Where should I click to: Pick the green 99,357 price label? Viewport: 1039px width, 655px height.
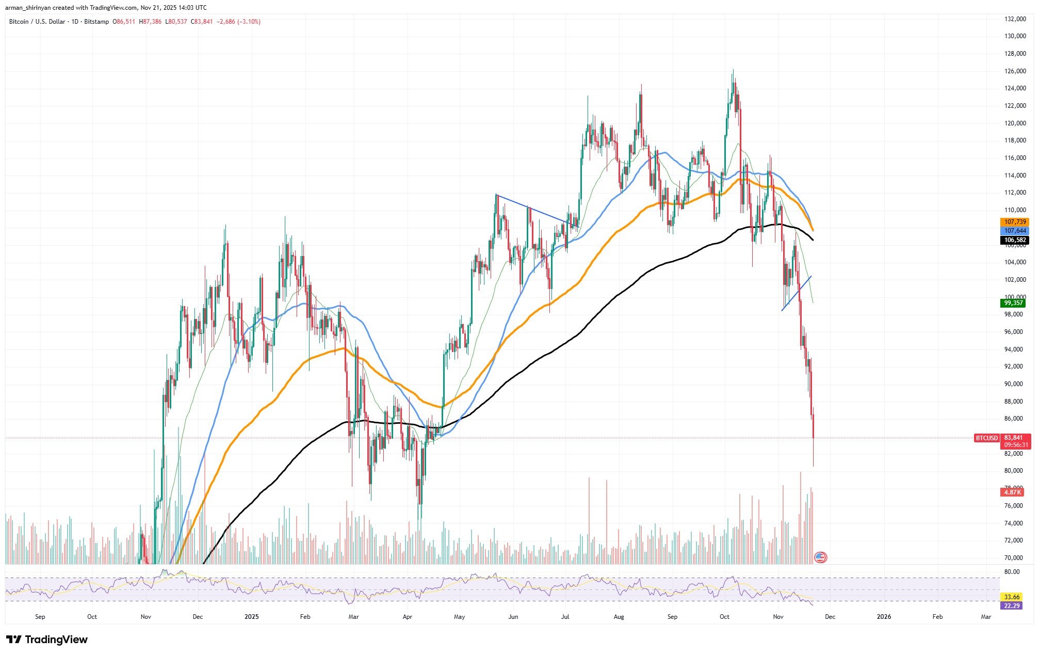1013,303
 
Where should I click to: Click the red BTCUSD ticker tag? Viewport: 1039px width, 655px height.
986,438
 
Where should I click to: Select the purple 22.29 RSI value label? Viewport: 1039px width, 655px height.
1012,605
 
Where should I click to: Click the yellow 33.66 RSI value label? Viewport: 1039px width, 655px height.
1012,597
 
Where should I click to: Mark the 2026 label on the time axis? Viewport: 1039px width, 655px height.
884,617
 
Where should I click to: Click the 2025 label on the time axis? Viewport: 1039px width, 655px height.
251,617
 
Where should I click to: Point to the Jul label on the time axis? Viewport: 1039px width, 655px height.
565,617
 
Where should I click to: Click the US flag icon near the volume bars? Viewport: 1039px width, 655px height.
820,557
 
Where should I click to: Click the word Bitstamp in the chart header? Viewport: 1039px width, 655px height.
96,22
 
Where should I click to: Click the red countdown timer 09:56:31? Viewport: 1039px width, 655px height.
1015,445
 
